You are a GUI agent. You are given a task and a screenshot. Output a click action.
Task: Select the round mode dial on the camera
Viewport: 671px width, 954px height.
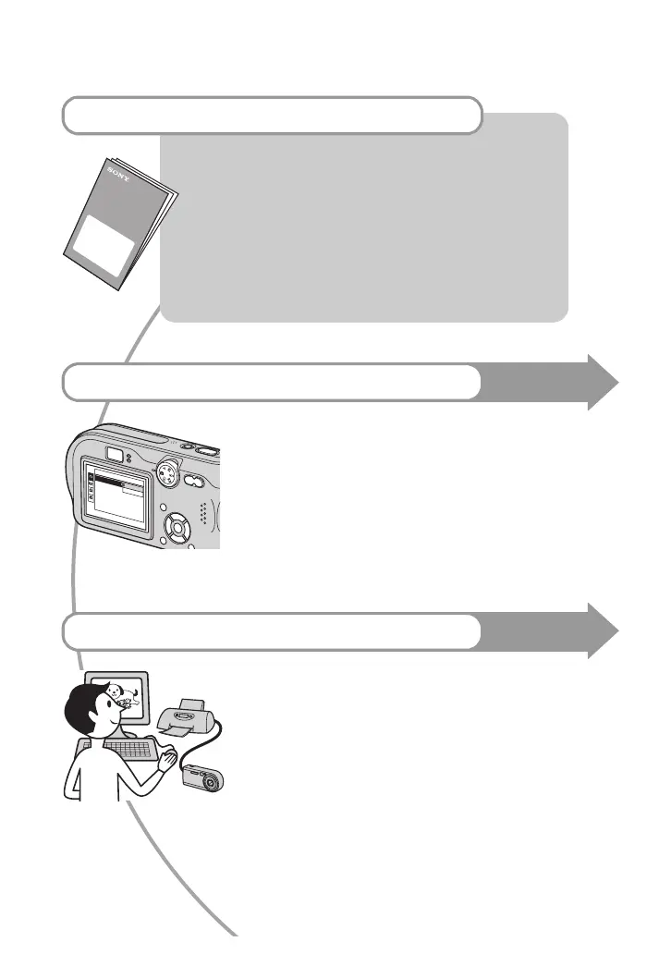tap(166, 475)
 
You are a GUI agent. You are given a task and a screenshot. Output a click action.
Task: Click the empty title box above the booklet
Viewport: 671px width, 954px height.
tap(273, 115)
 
